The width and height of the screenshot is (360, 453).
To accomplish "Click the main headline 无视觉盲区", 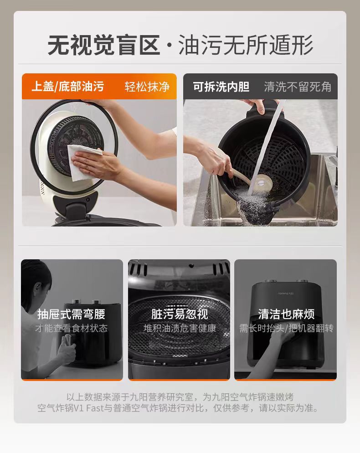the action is [104, 45].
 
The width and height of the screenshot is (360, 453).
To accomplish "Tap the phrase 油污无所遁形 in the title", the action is [246, 45].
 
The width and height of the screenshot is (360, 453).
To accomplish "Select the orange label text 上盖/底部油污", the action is [67, 87].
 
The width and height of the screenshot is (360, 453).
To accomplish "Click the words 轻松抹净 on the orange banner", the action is [147, 87].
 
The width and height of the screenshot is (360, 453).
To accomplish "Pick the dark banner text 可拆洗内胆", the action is [221, 87].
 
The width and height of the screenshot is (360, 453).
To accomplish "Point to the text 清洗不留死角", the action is [298, 87].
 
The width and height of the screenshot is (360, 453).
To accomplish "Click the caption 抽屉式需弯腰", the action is [71, 314].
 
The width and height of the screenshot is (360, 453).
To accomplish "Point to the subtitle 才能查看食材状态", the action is [72, 328].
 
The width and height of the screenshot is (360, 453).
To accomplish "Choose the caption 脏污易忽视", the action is [180, 314].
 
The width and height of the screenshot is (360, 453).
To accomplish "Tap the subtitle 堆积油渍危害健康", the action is [180, 328].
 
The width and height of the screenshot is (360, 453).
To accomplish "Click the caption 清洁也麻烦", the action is [286, 314].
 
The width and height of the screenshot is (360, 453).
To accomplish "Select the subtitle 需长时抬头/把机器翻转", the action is [286, 328].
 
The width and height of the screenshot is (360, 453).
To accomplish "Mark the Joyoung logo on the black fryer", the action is [286, 293].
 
